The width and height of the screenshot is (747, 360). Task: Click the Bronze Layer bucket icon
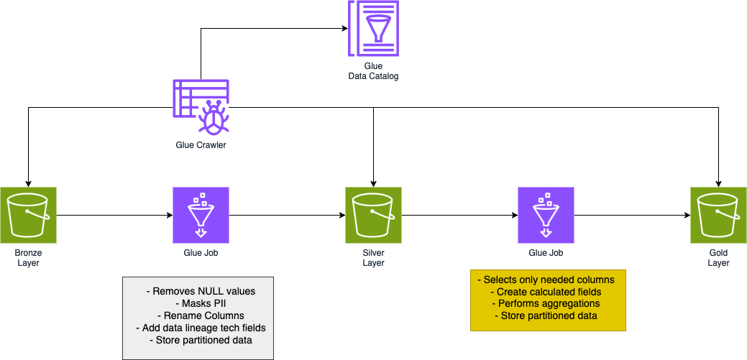(28, 215)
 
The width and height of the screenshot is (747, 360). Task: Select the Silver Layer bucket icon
(373, 215)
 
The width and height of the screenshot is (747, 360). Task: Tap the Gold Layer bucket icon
(718, 215)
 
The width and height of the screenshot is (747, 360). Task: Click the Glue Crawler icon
(201, 107)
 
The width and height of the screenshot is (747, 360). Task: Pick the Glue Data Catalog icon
(373, 28)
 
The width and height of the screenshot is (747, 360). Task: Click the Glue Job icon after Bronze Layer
(201, 215)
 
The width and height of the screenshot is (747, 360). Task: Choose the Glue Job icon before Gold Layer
(546, 215)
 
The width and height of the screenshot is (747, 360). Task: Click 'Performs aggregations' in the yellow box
(548, 304)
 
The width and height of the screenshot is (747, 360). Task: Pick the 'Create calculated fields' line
(548, 292)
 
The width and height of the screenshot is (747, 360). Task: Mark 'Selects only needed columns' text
(548, 280)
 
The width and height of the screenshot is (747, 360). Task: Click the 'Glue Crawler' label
(201, 144)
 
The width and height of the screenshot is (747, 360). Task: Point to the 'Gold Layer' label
(718, 258)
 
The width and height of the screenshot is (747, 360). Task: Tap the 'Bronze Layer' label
(28, 258)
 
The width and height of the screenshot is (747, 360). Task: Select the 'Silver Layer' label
(373, 258)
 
